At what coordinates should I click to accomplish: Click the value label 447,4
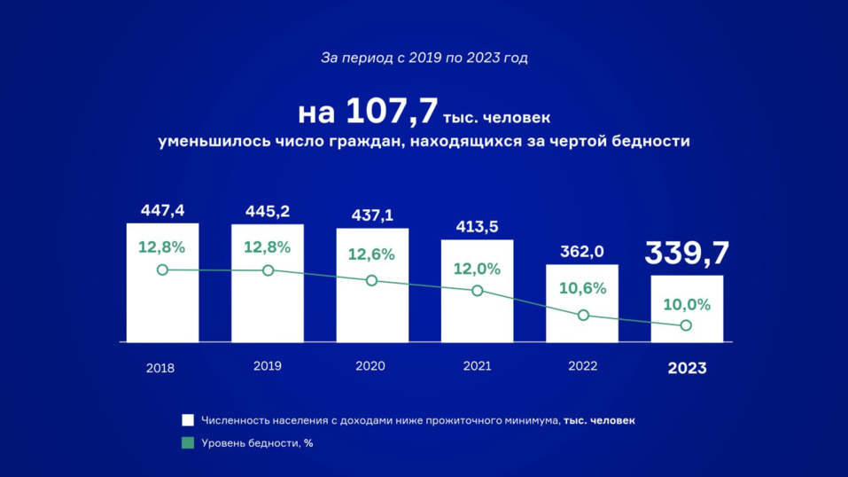pyautogui.click(x=162, y=210)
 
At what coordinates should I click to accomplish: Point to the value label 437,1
pyautogui.click(x=371, y=215)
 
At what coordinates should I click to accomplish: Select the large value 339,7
pyautogui.click(x=687, y=253)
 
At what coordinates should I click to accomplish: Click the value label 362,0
pyautogui.click(x=582, y=252)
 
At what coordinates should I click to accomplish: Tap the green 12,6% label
pyautogui.click(x=371, y=254)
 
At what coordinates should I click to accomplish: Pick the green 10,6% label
pyautogui.click(x=582, y=288)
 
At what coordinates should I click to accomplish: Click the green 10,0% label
pyautogui.click(x=687, y=304)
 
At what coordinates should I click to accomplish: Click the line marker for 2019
pyautogui.click(x=268, y=270)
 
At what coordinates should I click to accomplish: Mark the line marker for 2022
pyautogui.click(x=583, y=315)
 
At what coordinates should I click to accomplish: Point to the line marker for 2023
pyautogui.click(x=687, y=325)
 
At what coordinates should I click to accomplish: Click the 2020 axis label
pyautogui.click(x=370, y=365)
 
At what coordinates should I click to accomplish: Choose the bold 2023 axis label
pyautogui.click(x=687, y=368)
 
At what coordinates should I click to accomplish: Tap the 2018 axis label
pyautogui.click(x=160, y=368)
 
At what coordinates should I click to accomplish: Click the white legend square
pyautogui.click(x=188, y=420)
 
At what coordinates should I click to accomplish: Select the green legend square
pyautogui.click(x=188, y=442)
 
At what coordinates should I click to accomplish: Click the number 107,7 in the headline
pyautogui.click(x=391, y=113)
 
